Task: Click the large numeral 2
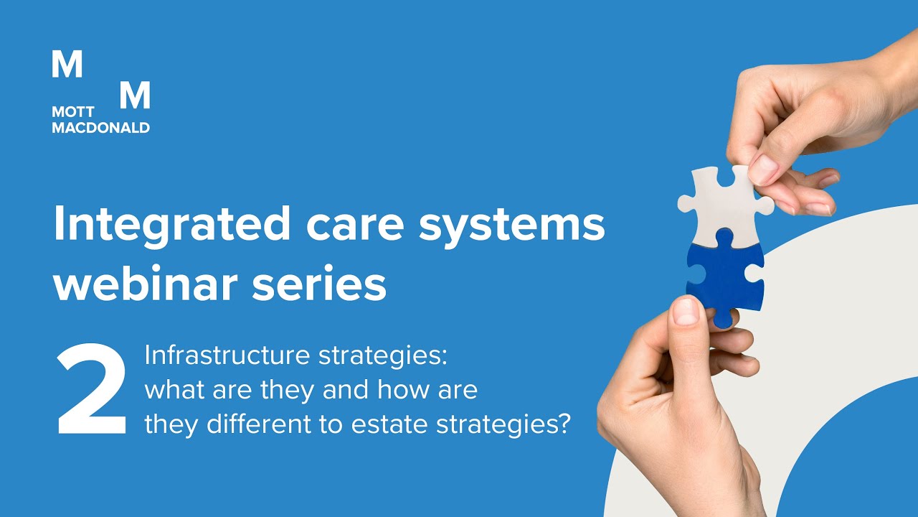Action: [x=92, y=392]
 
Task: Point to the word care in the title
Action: [x=344, y=224]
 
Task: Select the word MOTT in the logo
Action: [x=72, y=113]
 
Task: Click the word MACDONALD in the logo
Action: [x=100, y=128]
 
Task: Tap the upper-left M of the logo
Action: [x=67, y=65]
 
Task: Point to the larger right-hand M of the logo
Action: [x=134, y=95]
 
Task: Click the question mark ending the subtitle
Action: [x=562, y=425]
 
